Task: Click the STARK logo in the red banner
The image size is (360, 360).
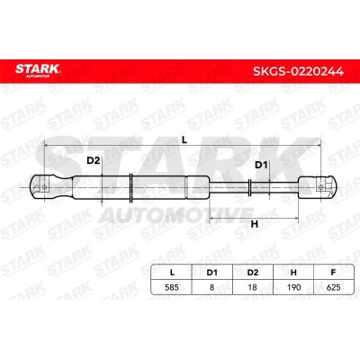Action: (38, 70)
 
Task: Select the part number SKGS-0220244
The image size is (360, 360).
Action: (298, 71)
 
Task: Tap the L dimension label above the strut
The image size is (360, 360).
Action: (184, 139)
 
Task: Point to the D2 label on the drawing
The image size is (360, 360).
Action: (93, 160)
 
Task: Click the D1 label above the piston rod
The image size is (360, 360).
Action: (261, 165)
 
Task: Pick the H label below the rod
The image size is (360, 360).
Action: (255, 224)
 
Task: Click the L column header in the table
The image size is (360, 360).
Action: (172, 273)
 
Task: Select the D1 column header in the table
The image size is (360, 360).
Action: (211, 273)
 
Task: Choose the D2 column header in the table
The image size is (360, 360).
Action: (253, 273)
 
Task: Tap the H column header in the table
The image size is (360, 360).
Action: (293, 273)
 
